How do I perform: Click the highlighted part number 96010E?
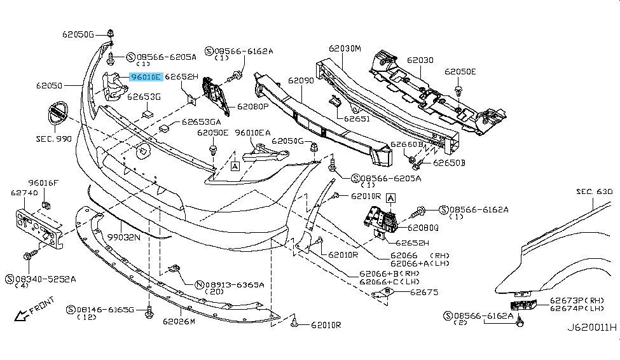tap(146, 77)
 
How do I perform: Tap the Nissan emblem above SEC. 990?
tap(58, 116)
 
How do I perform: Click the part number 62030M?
tap(345, 48)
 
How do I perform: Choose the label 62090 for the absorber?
tap(301, 81)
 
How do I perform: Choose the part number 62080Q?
tap(422, 227)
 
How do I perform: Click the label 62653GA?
tap(202, 121)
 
